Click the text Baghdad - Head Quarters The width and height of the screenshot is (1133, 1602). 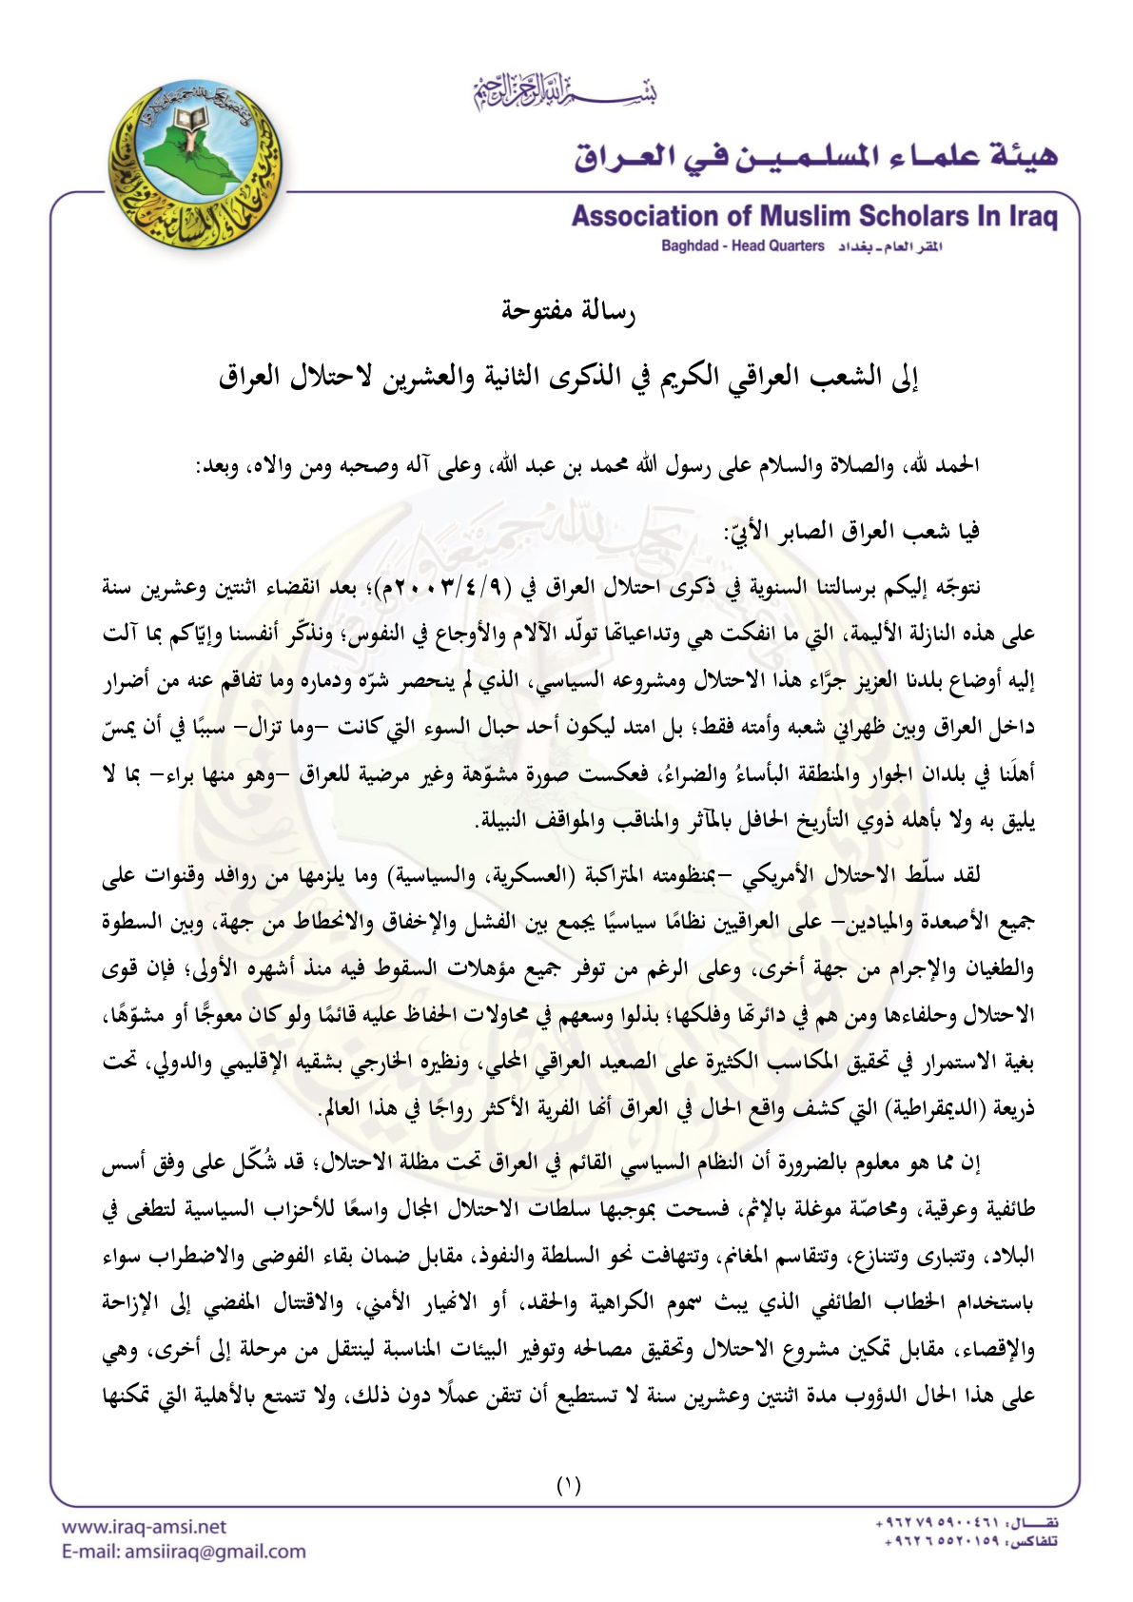(x=743, y=246)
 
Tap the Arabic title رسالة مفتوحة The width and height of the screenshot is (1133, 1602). (x=568, y=311)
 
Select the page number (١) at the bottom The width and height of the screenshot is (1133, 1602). (x=568, y=1485)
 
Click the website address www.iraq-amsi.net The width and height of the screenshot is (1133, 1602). (x=145, y=1527)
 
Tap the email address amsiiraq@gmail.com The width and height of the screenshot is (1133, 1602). (x=216, y=1552)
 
